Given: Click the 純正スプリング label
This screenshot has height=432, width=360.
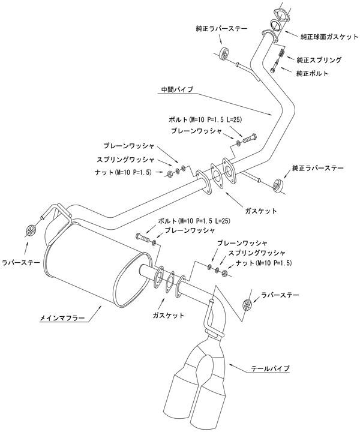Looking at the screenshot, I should click(318, 60).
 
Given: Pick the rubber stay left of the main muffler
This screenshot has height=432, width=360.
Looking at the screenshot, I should click(30, 229).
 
